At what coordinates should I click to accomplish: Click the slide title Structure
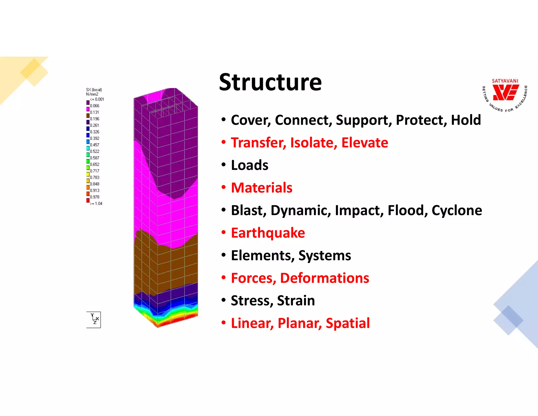[x=270, y=82]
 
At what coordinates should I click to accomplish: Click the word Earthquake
[x=268, y=233]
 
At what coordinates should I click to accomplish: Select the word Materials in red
[x=262, y=188]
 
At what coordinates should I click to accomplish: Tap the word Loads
[x=250, y=165]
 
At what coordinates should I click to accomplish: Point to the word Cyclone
[x=457, y=210]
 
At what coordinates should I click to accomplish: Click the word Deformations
[x=324, y=278]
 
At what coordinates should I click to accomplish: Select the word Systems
[x=324, y=255]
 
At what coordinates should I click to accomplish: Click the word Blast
[x=249, y=210]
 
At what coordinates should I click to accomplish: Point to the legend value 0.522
[x=95, y=151]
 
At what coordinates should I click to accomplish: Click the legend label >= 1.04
[x=96, y=204]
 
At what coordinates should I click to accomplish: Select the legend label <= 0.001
[x=97, y=99]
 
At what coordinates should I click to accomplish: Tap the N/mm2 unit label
[x=92, y=94]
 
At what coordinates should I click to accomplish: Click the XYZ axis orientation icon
[x=94, y=319]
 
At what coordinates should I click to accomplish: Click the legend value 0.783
[x=95, y=177]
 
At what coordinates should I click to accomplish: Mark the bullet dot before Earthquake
[x=224, y=233]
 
